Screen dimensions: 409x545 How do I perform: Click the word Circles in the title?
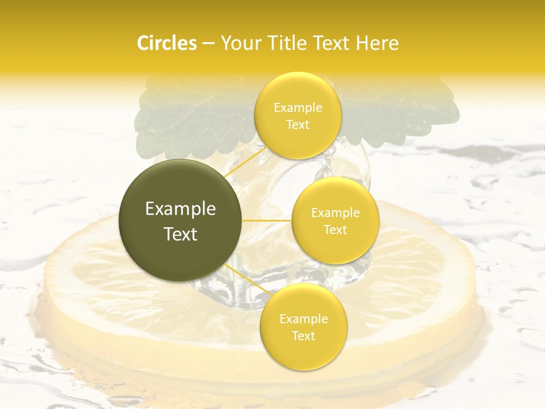[x=167, y=43]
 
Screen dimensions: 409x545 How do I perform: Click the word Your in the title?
[x=240, y=43]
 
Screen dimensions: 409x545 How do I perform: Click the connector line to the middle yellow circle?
[x=267, y=220]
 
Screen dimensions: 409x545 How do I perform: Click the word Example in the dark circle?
[x=181, y=209]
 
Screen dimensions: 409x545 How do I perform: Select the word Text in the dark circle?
[x=181, y=234]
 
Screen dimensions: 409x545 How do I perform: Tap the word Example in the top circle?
[x=297, y=107]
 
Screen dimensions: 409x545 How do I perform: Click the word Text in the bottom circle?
[x=303, y=336]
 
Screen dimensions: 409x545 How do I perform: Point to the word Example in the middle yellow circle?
[x=335, y=212]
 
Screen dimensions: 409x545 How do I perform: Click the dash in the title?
[x=208, y=43]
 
